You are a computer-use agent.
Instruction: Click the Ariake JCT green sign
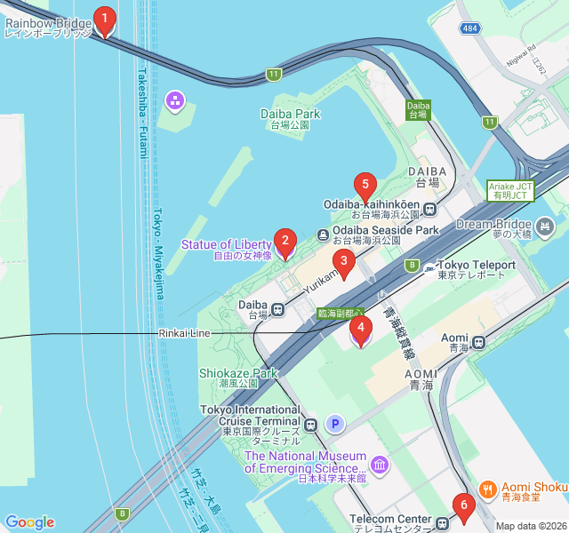(509, 191)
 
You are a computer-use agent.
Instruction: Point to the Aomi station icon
(479, 340)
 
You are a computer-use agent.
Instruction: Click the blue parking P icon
(335, 425)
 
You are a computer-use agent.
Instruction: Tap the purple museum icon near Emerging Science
(380, 464)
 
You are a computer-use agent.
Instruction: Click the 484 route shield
(470, 29)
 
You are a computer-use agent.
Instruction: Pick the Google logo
(29, 522)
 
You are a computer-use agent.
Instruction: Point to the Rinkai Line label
(184, 333)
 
